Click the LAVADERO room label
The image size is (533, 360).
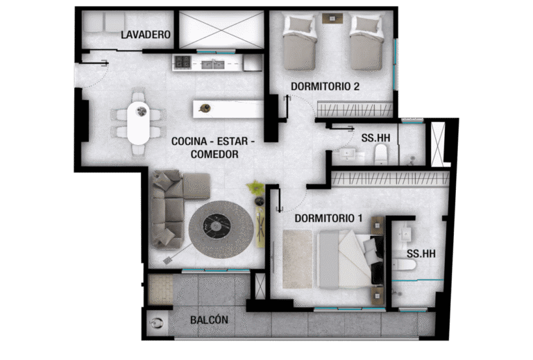[x=146, y=34]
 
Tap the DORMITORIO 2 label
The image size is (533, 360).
[x=325, y=86]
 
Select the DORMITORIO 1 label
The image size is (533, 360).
[x=328, y=218]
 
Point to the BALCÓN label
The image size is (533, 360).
[x=209, y=320]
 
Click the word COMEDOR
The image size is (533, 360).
[x=214, y=154]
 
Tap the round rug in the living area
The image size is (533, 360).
[x=221, y=229]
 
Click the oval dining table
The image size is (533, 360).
[x=138, y=123]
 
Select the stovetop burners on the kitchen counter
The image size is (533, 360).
[x=183, y=62]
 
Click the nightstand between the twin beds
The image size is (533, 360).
[x=333, y=17]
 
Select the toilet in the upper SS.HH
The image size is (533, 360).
[x=380, y=153]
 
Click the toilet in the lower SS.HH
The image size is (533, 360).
[x=403, y=264]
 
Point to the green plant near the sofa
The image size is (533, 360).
[x=255, y=187]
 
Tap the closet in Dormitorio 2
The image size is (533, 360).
[x=355, y=110]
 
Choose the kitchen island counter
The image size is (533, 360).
[x=228, y=109]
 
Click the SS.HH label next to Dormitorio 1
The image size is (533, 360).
[x=421, y=254]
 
